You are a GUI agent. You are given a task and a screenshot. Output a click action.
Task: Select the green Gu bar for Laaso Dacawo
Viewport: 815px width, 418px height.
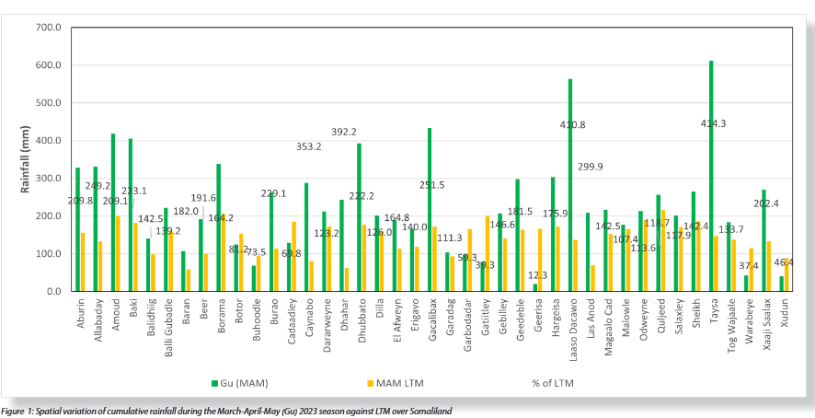point(570,184)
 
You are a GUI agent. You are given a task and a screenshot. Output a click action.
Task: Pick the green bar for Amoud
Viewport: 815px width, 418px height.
point(112,212)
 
